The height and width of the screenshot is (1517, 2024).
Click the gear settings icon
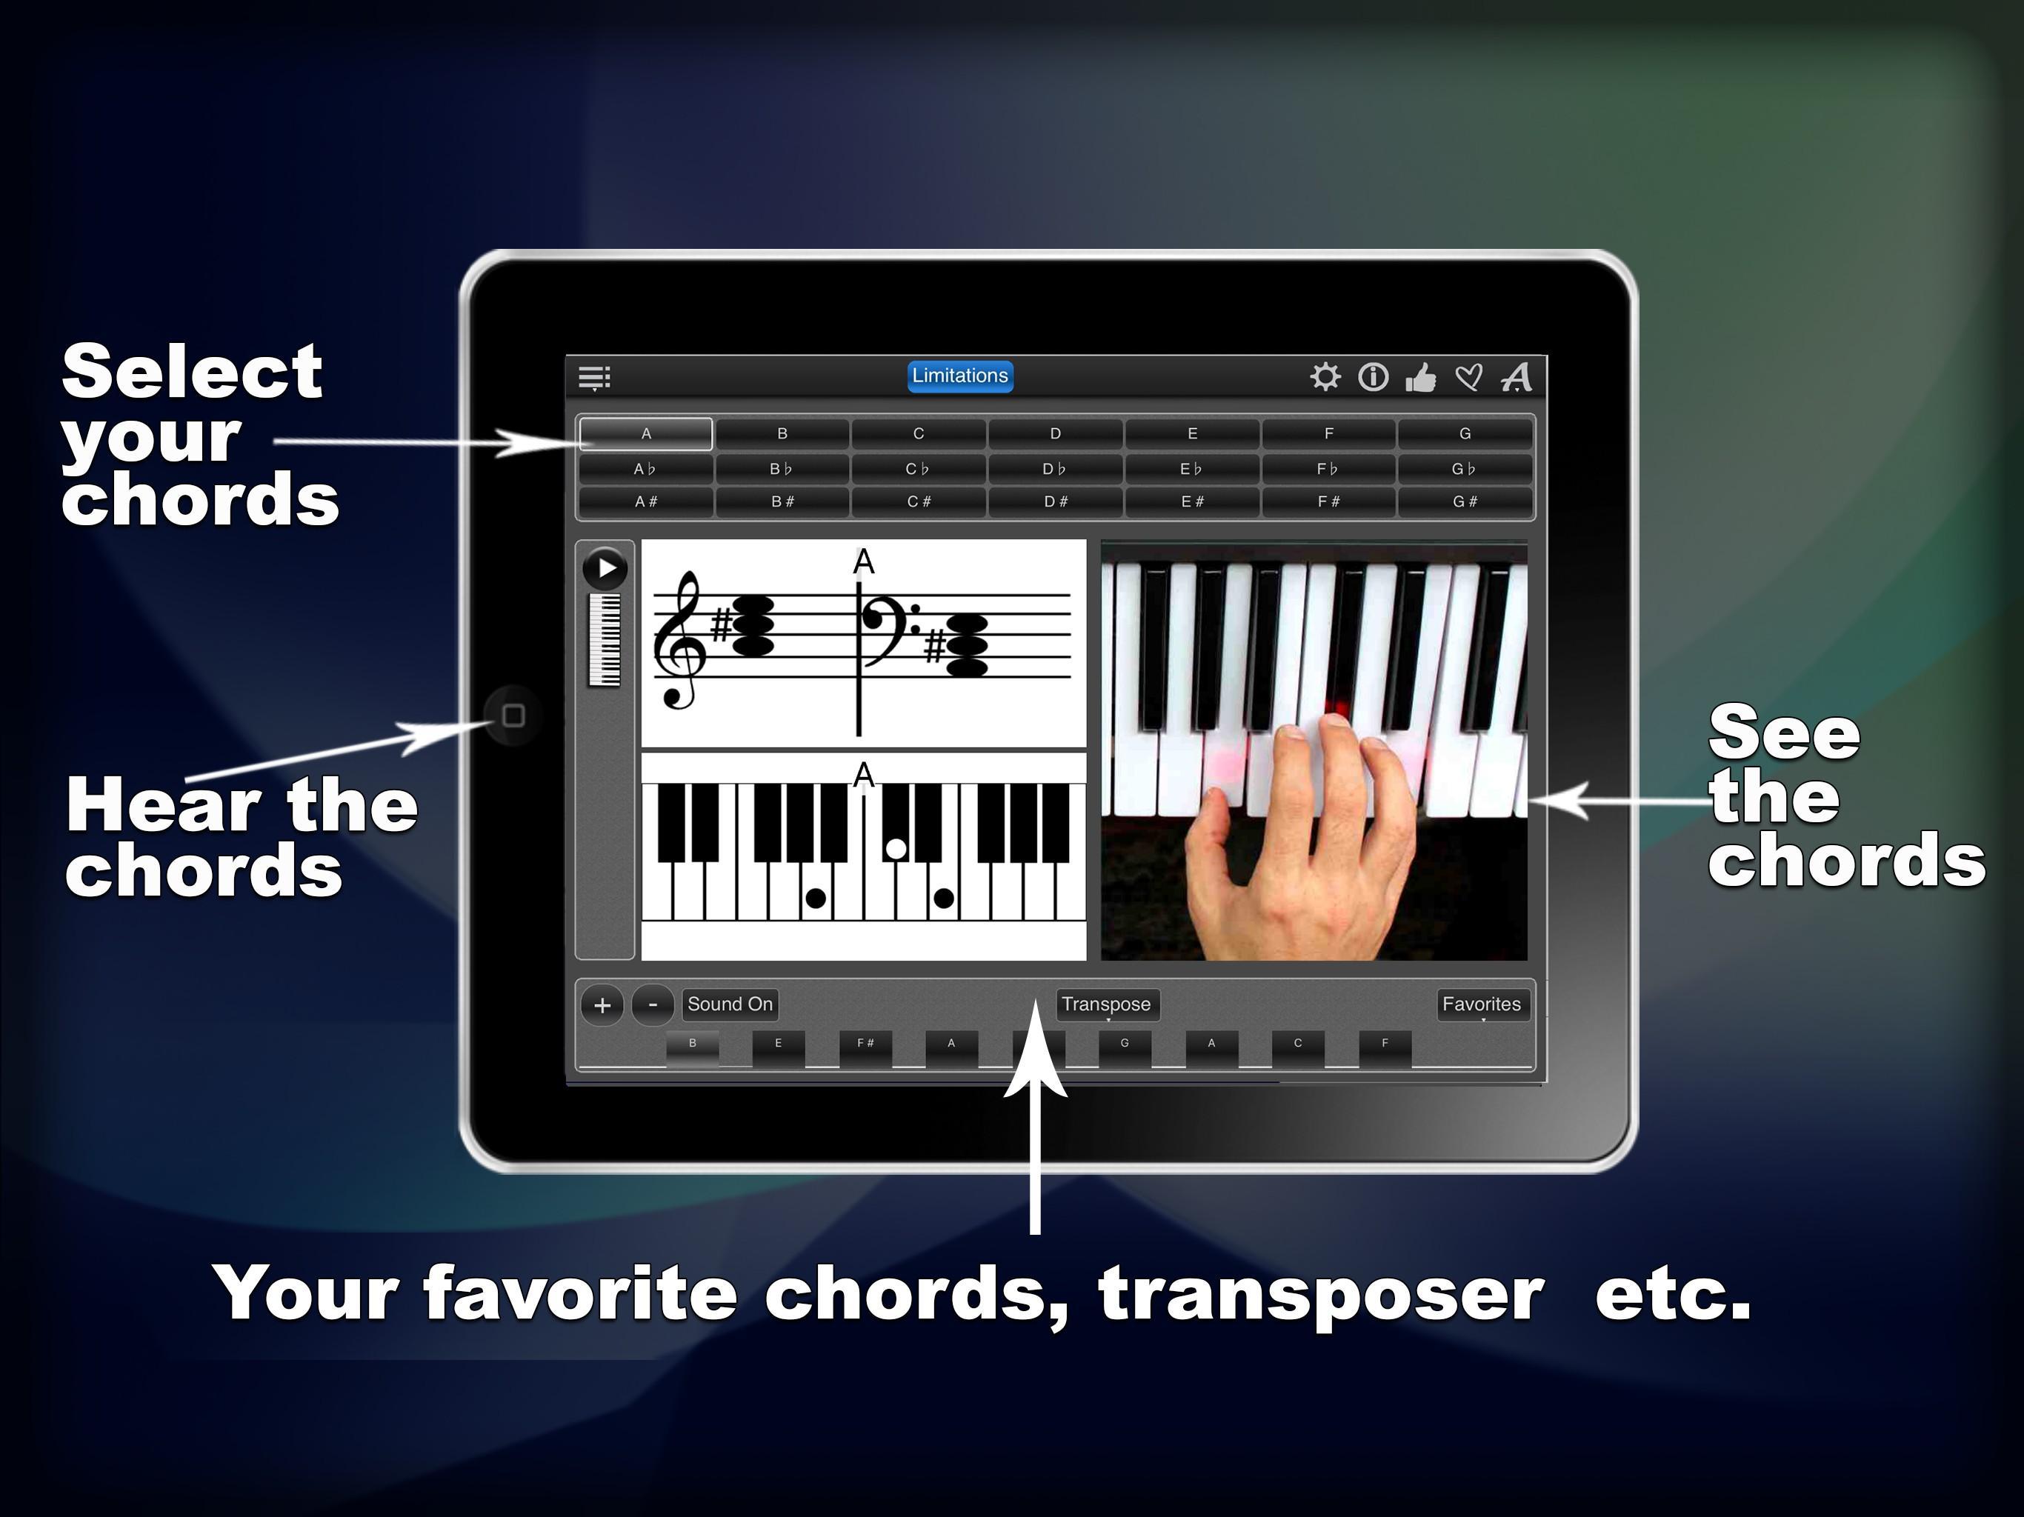[x=1324, y=377]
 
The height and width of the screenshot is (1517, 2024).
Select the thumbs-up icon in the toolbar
[x=1420, y=377]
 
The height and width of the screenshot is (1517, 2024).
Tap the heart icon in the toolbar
[x=1468, y=377]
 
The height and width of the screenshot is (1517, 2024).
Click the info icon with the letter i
[x=1373, y=377]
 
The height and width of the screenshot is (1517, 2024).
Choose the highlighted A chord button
[x=646, y=433]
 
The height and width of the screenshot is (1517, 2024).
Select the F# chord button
[x=1328, y=501]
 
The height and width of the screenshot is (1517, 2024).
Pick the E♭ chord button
[x=1191, y=468]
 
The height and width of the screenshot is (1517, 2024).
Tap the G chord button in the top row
[x=1465, y=433]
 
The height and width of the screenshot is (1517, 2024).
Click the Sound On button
[x=730, y=1004]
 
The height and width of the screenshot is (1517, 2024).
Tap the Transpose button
[x=1106, y=1004]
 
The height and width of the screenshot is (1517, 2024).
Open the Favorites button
[x=1482, y=1004]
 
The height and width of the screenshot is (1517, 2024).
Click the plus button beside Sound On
[x=602, y=1006]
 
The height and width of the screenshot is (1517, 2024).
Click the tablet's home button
[x=513, y=716]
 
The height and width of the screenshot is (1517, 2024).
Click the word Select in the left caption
[x=192, y=372]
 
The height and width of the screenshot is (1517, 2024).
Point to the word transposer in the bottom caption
[x=1321, y=1294]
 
